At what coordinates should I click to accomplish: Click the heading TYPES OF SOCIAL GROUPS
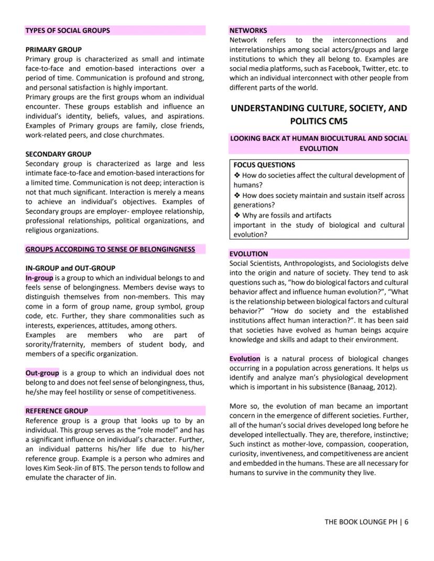pos(68,30)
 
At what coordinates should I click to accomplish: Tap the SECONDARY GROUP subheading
pos(58,154)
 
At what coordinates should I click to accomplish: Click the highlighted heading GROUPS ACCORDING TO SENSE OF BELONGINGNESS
pos(110,249)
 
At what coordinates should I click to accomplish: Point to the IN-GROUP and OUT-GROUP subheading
pos(70,268)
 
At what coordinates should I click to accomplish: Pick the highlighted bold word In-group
pos(39,278)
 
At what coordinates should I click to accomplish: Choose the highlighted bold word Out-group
pos(42,373)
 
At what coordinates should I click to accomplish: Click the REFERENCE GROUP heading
pos(57,411)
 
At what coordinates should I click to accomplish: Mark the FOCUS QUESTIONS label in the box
pos(264,165)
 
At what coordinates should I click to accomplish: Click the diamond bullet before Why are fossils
pos(237,215)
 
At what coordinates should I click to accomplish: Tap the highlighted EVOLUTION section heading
pos(248,254)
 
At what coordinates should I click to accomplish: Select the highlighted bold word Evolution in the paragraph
pos(245,359)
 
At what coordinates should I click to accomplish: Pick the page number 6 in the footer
pos(406,522)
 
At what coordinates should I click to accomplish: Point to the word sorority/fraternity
pos(56,344)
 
